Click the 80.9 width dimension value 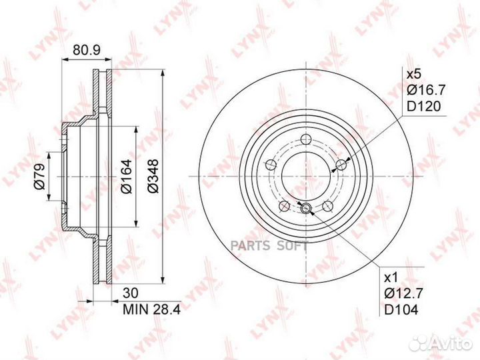(x=87, y=49)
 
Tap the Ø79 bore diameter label (x=39, y=176)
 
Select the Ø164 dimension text (x=126, y=176)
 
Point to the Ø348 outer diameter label (x=153, y=176)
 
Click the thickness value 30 (x=131, y=293)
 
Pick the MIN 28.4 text (x=152, y=309)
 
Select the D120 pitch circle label (x=423, y=106)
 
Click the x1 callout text (x=390, y=277)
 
